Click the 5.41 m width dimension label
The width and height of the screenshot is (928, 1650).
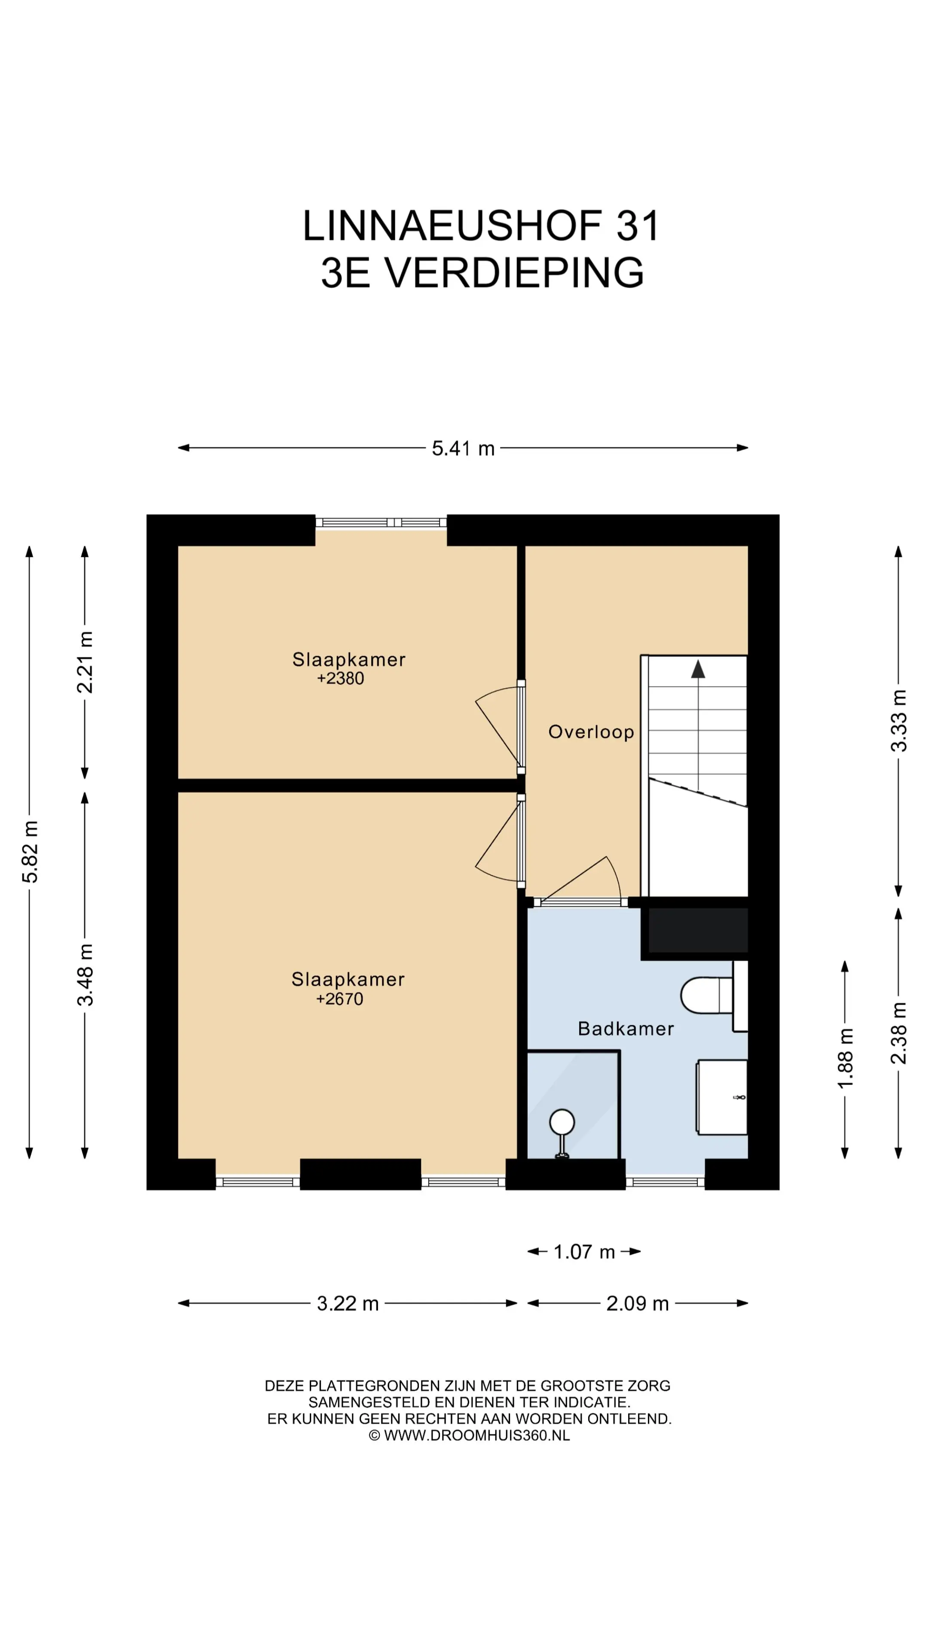(463, 448)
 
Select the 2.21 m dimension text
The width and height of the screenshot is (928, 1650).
(85, 662)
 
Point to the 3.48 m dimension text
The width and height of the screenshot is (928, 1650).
(85, 974)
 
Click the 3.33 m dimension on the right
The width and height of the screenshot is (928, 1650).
(899, 721)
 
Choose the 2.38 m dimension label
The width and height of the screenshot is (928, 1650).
(899, 1033)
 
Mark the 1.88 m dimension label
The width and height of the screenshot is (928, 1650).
(846, 1057)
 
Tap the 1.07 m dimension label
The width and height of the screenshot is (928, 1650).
(584, 1252)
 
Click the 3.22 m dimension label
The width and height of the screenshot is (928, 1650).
(348, 1304)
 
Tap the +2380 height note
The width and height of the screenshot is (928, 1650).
(341, 679)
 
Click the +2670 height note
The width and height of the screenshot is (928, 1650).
(339, 999)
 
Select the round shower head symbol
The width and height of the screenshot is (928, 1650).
(562, 1122)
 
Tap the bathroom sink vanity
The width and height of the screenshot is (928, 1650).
(722, 1097)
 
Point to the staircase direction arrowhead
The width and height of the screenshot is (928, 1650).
(698, 669)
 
